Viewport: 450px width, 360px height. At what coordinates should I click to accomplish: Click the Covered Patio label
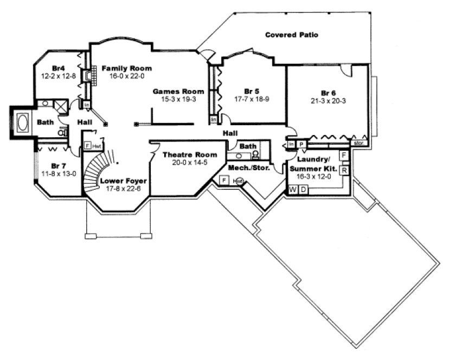pyautogui.click(x=291, y=35)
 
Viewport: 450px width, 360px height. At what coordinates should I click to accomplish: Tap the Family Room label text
pyautogui.click(x=126, y=68)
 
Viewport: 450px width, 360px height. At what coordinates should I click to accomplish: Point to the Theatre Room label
pyautogui.click(x=186, y=155)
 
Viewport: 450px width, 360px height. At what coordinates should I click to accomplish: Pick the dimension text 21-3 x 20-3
pyautogui.click(x=329, y=100)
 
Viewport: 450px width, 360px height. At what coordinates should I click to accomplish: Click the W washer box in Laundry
pyautogui.click(x=292, y=189)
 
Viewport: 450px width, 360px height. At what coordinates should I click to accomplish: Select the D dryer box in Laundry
pyautogui.click(x=304, y=189)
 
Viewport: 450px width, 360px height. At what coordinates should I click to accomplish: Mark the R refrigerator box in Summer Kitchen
pyautogui.click(x=344, y=170)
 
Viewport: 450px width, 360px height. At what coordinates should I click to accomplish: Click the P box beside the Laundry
pyautogui.click(x=301, y=144)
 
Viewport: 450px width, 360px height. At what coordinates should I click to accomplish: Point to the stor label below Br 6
pyautogui.click(x=358, y=144)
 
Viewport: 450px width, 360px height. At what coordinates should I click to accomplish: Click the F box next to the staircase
pyautogui.click(x=87, y=146)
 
